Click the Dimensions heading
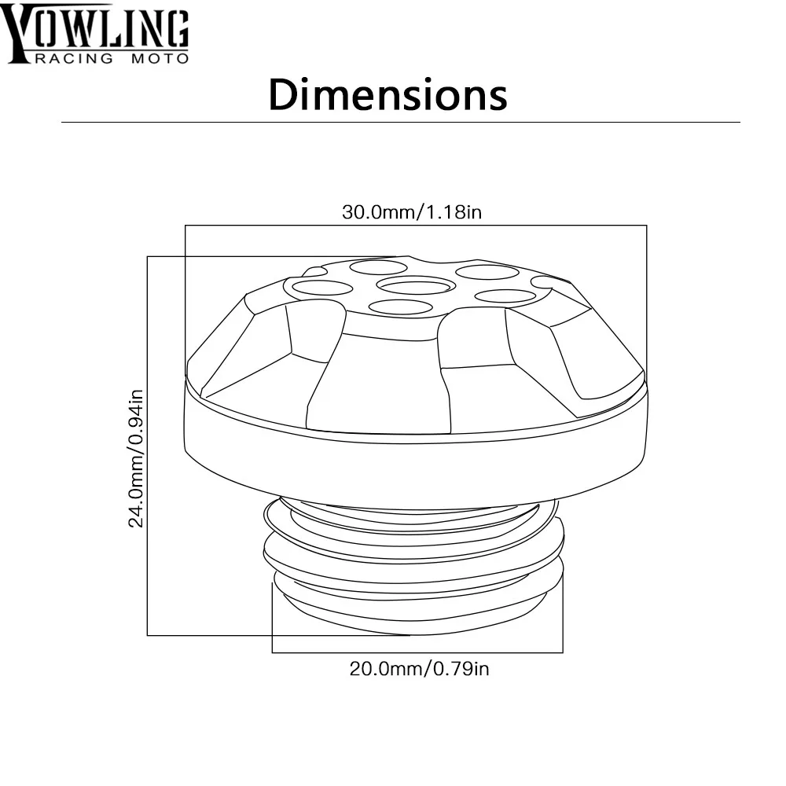click(387, 95)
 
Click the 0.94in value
click(136, 417)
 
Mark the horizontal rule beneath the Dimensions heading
click(401, 122)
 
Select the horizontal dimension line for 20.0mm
click(417, 652)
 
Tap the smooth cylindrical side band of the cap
click(417, 472)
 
